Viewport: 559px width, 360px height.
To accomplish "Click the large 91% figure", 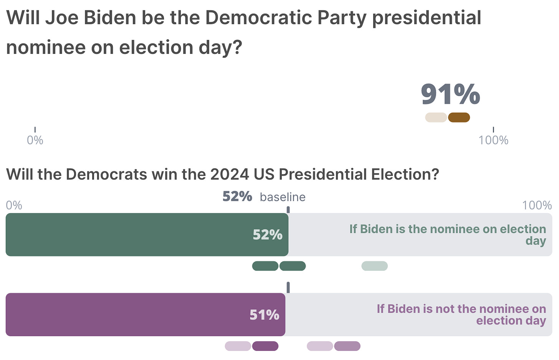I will tap(450, 94).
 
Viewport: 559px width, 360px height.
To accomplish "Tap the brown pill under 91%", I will tap(459, 118).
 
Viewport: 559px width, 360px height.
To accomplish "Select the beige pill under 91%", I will tap(436, 118).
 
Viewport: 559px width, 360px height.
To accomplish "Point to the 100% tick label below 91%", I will tap(493, 140).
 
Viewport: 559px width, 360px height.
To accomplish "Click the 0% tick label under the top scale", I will tap(35, 140).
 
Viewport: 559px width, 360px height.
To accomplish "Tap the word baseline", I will tap(283, 197).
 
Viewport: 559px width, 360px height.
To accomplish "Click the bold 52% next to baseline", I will tap(237, 196).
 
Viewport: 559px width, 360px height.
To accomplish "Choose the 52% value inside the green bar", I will tap(268, 235).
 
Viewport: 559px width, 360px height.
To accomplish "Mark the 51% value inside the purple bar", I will tap(265, 315).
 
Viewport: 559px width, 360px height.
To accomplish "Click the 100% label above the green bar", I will tap(537, 206).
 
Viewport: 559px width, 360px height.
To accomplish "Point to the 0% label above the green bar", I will tap(14, 206).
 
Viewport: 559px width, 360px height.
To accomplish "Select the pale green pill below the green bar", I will tap(375, 266).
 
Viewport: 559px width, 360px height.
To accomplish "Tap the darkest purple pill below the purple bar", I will tap(265, 346).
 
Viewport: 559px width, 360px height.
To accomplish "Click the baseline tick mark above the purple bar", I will tap(288, 287).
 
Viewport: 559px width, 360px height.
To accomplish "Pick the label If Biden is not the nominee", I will tap(461, 315).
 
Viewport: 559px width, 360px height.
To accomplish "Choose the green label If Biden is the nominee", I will tap(448, 234).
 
